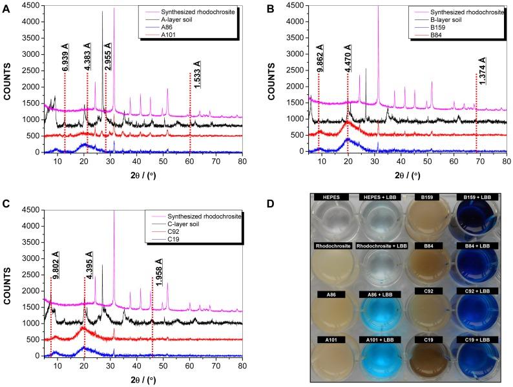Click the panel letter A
coord(8,9)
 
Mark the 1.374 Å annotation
coord(481,71)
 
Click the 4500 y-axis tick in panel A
coord(31,6)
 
